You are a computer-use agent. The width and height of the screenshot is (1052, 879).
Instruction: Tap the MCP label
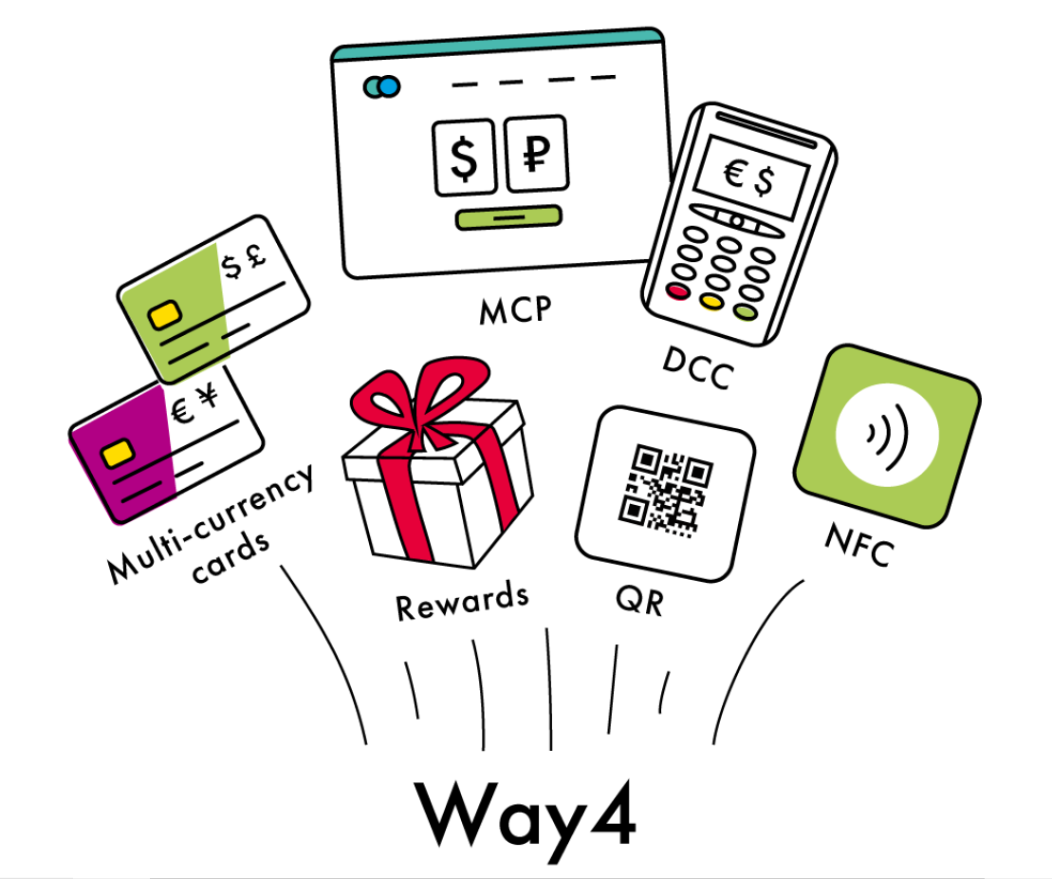(515, 310)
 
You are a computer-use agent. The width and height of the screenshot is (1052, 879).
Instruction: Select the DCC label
(698, 368)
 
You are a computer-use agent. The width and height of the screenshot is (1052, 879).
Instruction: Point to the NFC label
(859, 545)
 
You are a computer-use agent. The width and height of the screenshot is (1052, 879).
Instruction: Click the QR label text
(640, 600)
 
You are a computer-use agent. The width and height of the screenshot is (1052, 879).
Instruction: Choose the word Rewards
(462, 600)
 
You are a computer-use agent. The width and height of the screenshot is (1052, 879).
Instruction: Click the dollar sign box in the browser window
(464, 158)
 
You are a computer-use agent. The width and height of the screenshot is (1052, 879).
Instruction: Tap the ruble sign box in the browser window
(536, 153)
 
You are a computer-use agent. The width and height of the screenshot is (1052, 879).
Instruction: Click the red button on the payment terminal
(677, 291)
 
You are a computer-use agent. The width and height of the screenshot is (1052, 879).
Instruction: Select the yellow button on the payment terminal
(711, 302)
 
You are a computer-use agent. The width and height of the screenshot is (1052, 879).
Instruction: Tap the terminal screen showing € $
(750, 178)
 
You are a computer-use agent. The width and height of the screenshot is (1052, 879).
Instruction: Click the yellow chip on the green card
(165, 314)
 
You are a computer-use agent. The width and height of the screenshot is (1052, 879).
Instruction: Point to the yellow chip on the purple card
(118, 454)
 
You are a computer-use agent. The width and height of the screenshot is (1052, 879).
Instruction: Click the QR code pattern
(665, 490)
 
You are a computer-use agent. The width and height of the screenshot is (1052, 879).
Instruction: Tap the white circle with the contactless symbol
(887, 435)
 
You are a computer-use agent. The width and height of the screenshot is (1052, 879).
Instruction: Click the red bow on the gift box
(419, 402)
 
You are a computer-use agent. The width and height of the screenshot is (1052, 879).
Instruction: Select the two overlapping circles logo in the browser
(381, 86)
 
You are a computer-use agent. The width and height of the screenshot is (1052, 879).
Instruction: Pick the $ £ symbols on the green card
(244, 261)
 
